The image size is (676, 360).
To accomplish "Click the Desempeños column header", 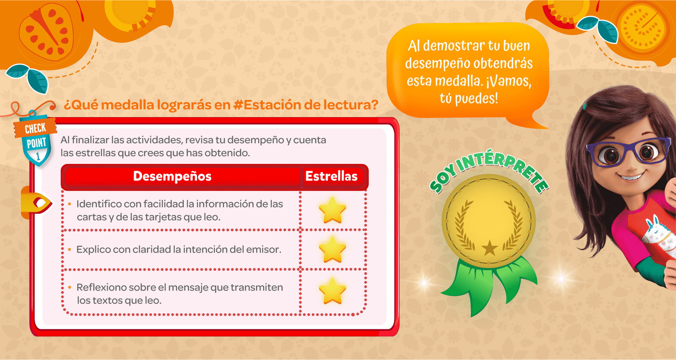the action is tap(172, 176).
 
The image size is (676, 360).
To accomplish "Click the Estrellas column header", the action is tap(331, 176).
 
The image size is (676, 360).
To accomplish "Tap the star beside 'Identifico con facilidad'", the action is tap(333, 210).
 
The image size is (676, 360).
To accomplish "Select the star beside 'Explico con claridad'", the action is tap(333, 249).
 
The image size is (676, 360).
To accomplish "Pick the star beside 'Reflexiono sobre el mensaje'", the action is tap(333, 291).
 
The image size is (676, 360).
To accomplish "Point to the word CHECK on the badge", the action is tap(35, 128).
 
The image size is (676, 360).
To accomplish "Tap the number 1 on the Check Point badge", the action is tap(38, 156).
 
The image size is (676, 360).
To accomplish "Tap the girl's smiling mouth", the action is tap(631, 176).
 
